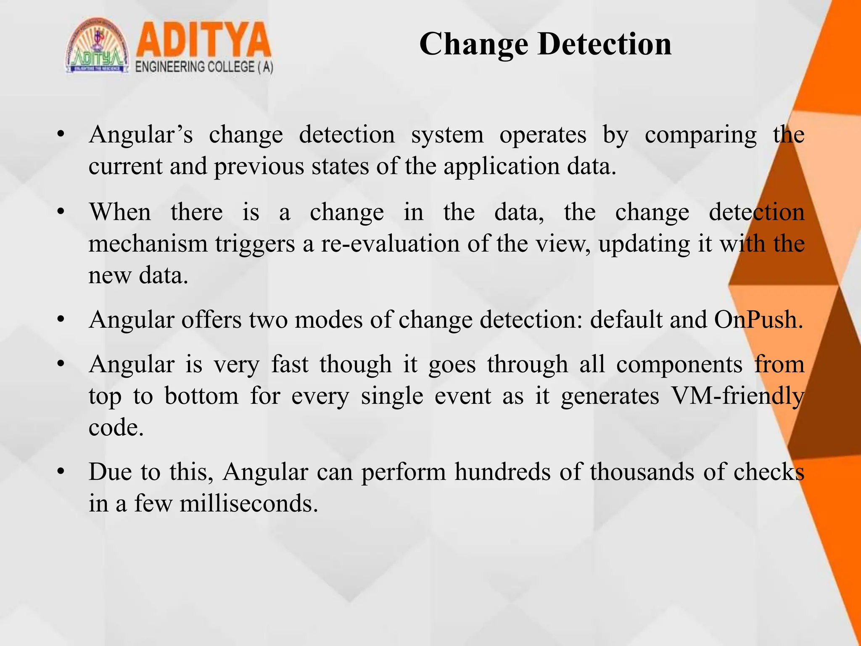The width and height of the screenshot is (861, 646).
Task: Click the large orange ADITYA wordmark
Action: click(203, 40)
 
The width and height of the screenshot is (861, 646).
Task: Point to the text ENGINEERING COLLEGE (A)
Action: click(204, 67)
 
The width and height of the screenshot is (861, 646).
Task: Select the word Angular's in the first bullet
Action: click(141, 135)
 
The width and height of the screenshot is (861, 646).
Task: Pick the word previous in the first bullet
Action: click(259, 167)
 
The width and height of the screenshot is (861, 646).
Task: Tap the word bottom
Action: click(201, 396)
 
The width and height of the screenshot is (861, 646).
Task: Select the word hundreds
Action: click(502, 472)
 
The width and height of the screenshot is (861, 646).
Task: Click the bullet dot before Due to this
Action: click(61, 472)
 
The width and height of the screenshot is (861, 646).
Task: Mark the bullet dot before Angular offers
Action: click(61, 320)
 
